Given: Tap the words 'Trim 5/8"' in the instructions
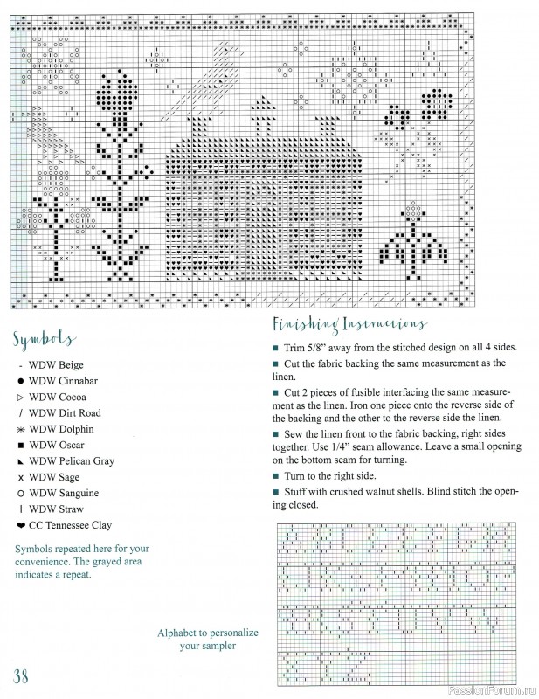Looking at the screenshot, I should point(308,346).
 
